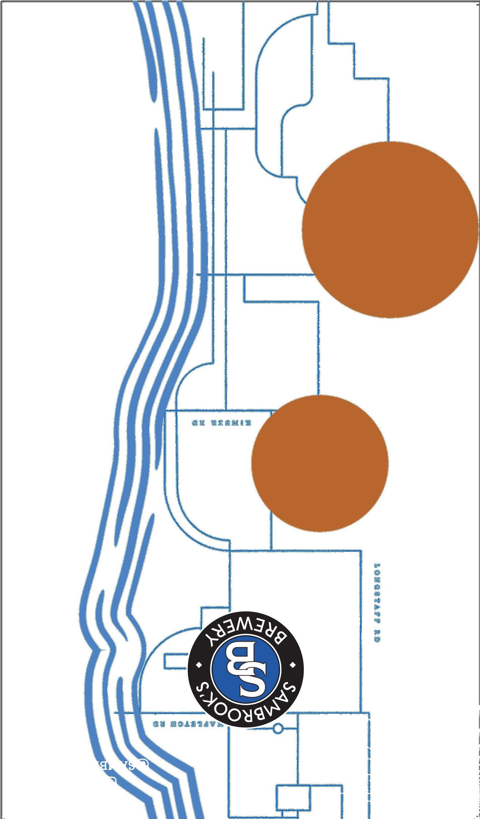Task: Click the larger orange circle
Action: pos(390,230)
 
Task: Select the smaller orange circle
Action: pos(320,463)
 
